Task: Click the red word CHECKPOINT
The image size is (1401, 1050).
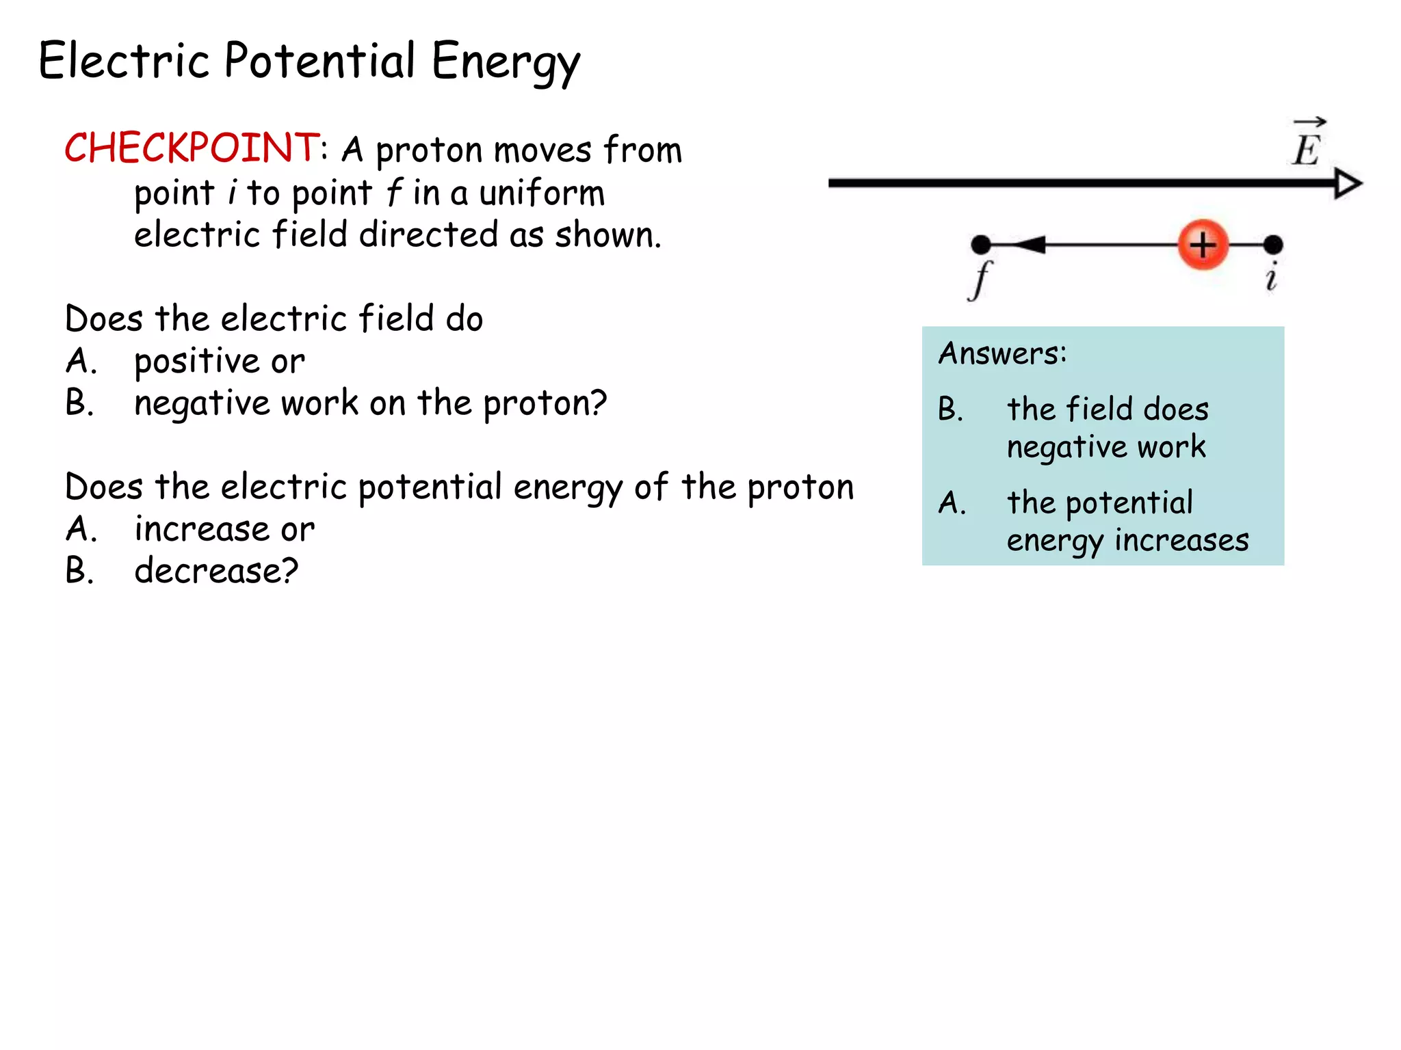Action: point(191,148)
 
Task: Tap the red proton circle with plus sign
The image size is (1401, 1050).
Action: point(1203,245)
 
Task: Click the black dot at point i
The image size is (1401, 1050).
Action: point(1272,244)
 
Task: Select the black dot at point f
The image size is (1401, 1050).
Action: point(981,244)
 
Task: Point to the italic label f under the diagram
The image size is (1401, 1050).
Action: point(980,280)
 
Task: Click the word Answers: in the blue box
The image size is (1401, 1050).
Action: point(1002,354)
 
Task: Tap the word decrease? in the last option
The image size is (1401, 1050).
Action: point(216,571)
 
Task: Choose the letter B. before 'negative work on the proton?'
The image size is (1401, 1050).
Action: point(79,403)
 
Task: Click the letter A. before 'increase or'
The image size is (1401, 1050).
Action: point(81,529)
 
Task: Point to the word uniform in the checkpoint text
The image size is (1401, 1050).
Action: point(542,193)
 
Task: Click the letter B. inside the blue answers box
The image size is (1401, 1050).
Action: point(950,409)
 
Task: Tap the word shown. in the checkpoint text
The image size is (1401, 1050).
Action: point(607,235)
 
